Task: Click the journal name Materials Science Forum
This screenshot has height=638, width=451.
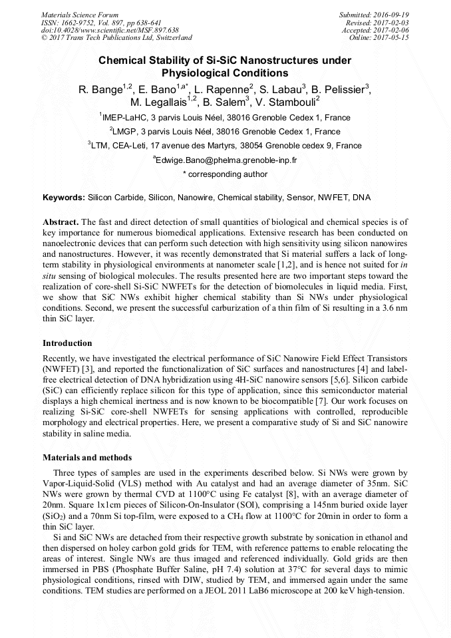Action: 80,14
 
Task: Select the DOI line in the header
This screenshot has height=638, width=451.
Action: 110,30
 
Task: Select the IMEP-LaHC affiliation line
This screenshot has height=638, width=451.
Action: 225,118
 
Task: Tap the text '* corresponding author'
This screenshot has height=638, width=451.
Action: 225,174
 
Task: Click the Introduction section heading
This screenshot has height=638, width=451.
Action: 67,343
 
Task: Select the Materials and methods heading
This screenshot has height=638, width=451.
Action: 87,458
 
